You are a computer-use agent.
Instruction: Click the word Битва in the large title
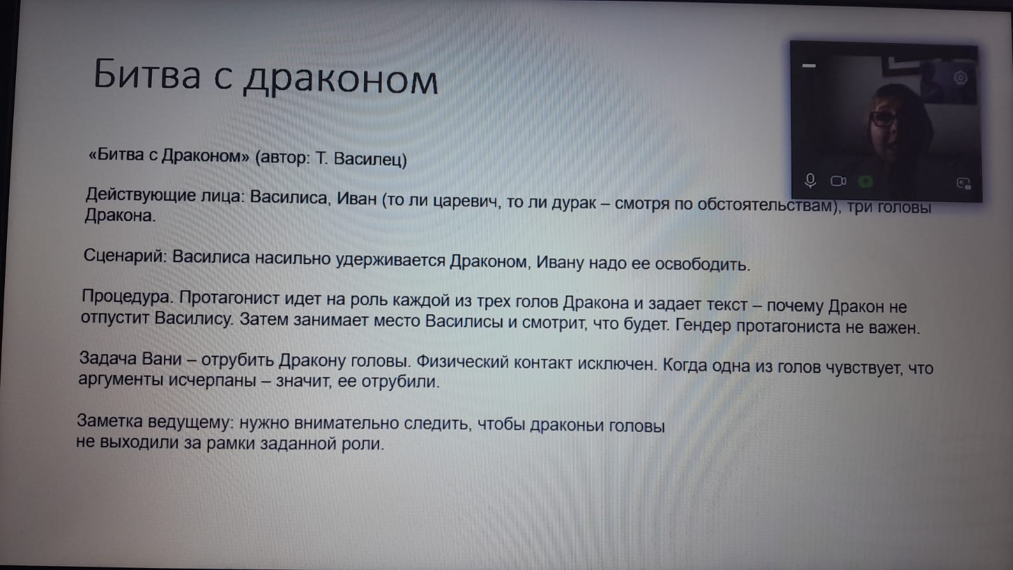(147, 73)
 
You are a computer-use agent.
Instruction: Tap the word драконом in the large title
(341, 80)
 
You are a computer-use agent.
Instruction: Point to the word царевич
(467, 201)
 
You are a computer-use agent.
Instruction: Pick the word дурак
(574, 203)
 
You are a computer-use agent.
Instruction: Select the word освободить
(703, 263)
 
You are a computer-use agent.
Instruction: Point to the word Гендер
(703, 326)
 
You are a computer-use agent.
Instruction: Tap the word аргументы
(121, 379)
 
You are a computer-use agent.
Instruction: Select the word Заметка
(110, 421)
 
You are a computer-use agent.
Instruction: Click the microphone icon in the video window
(810, 181)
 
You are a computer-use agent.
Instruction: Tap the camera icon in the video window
(838, 181)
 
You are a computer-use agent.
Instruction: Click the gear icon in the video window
(960, 78)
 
